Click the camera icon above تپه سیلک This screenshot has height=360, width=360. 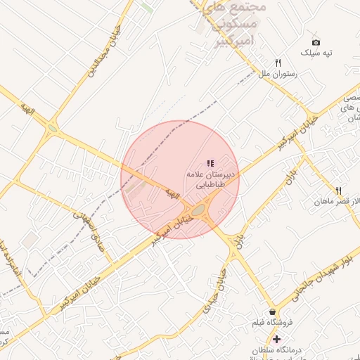click(315, 42)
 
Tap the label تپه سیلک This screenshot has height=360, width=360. click(316, 53)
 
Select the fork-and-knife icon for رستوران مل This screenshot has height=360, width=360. click(278, 63)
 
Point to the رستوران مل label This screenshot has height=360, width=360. click(279, 73)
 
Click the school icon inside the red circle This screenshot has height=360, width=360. click(210, 163)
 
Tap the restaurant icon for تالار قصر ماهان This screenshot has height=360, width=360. click(339, 191)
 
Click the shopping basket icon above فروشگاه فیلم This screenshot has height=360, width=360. click(272, 311)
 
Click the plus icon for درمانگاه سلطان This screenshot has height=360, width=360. click(277, 339)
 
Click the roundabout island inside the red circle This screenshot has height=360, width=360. click(199, 210)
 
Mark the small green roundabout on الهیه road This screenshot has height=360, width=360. click(53, 129)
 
